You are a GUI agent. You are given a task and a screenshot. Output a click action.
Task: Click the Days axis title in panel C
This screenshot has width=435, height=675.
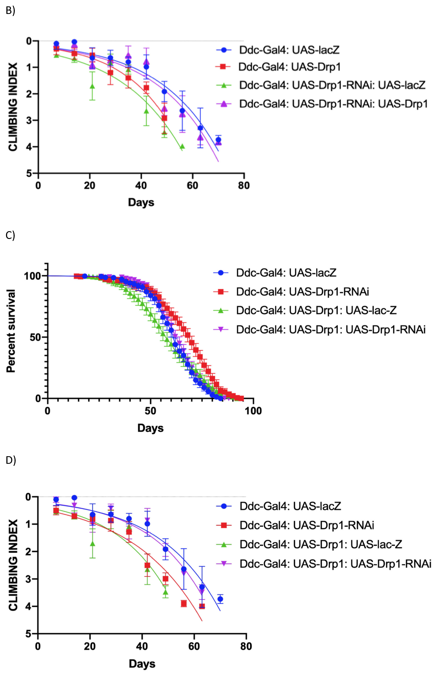click(x=150, y=428)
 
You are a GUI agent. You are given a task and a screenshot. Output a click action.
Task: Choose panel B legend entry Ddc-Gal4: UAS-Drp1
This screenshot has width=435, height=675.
click(x=289, y=67)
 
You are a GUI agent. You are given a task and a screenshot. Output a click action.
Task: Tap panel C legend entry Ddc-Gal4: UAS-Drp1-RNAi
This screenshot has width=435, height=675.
click(x=302, y=292)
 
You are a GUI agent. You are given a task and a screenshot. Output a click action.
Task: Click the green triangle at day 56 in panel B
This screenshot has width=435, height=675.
click(x=182, y=146)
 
